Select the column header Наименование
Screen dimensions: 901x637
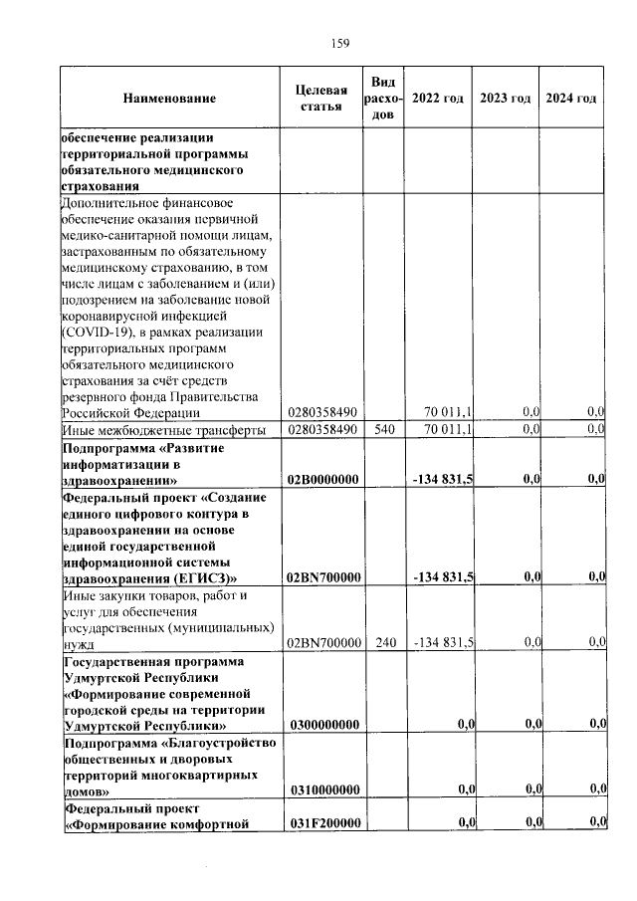tap(169, 99)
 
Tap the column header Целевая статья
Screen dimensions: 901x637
tap(320, 99)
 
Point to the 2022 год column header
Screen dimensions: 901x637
tap(437, 99)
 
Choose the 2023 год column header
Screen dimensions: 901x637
tap(505, 99)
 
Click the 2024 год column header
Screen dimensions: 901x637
tap(571, 99)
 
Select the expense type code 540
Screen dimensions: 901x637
tap(383, 429)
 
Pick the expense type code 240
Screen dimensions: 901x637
tap(383, 643)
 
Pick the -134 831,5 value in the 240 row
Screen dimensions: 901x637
tap(443, 643)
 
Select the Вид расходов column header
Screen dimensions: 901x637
tap(383, 99)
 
